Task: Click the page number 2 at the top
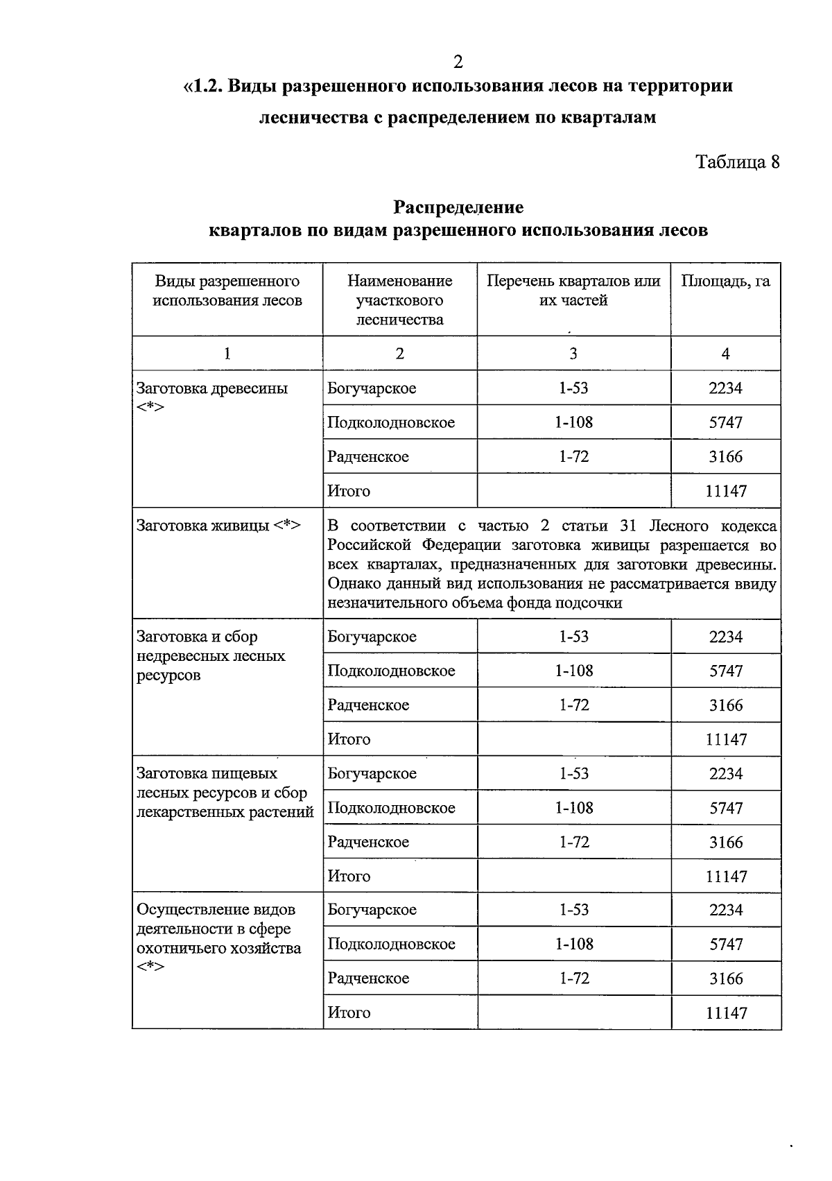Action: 458,62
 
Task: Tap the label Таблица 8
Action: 737,162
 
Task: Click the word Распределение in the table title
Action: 458,207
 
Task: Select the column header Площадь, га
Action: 725,281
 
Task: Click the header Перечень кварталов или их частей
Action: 573,291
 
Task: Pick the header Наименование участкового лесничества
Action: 399,300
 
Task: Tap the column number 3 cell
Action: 573,354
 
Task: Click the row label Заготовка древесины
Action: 212,388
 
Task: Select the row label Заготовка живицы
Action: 218,525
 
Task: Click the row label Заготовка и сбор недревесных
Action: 211,655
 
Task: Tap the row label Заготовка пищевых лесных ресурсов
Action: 225,792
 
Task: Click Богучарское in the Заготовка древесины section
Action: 372,388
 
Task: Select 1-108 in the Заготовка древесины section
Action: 573,422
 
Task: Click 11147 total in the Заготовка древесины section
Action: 726,491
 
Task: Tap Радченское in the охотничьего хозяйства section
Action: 368,979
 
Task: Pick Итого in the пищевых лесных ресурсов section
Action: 349,876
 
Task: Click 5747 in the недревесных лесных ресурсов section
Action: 726,671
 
